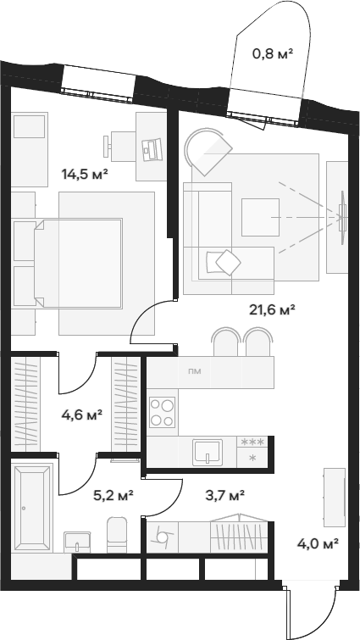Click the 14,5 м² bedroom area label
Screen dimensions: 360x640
tap(85, 175)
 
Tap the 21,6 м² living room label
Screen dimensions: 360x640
tap(272, 309)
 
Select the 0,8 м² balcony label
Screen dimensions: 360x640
tap(273, 53)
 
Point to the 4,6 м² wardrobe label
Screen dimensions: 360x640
tap(81, 415)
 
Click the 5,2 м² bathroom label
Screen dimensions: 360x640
tap(114, 496)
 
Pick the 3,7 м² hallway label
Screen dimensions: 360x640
tap(224, 496)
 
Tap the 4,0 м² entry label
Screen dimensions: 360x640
tap(318, 543)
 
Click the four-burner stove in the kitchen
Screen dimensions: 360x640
tap(162, 412)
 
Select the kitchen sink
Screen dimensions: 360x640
tap(208, 452)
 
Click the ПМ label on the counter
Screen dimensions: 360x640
tap(194, 371)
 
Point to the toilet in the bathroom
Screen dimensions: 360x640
tap(118, 535)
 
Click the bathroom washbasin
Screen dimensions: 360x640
tap(77, 542)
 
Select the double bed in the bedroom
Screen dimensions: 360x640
tap(78, 264)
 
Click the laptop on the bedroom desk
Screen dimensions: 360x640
tap(152, 149)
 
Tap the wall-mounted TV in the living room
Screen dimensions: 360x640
tap(343, 218)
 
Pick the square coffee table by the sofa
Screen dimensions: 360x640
tap(260, 217)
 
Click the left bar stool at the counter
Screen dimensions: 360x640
tap(226, 342)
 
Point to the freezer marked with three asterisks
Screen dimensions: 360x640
tap(252, 442)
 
